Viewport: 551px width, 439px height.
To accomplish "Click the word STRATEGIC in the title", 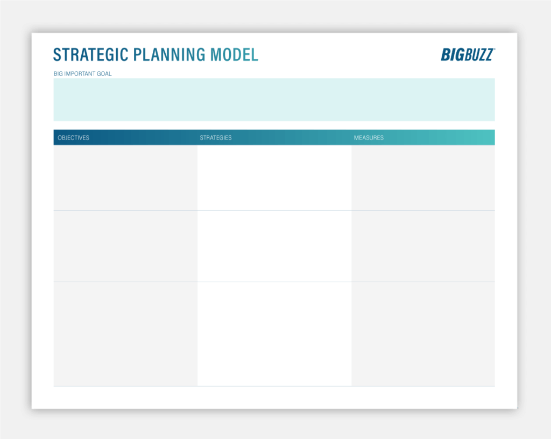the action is [91, 55].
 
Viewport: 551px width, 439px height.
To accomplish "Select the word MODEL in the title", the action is [235, 55].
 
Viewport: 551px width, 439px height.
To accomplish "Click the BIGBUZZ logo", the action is [468, 54].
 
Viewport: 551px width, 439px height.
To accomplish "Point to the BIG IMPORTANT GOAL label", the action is [82, 74].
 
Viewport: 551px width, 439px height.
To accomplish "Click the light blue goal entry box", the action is [274, 100].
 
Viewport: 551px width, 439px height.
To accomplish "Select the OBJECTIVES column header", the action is [73, 137].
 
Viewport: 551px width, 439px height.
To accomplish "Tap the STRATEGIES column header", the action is [216, 137].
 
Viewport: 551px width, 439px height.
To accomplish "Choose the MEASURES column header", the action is [369, 137].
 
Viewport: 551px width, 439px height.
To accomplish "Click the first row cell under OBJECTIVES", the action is [125, 178].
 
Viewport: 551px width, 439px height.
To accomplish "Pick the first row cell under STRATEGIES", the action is [274, 178].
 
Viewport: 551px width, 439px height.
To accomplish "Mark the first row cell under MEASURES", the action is [423, 178].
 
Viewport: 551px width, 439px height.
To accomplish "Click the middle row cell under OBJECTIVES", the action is [125, 246].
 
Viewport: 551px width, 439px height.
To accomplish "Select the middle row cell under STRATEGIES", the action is [274, 246].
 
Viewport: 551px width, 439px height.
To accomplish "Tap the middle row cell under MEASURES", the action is [423, 246].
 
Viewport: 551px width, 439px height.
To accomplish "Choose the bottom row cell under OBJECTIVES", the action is [125, 334].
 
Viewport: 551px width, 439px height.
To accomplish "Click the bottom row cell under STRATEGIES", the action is [274, 334].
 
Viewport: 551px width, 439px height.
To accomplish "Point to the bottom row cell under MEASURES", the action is [423, 334].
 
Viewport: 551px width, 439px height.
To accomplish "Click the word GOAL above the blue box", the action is [104, 74].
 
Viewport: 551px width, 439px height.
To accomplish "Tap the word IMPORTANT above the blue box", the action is [80, 74].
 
